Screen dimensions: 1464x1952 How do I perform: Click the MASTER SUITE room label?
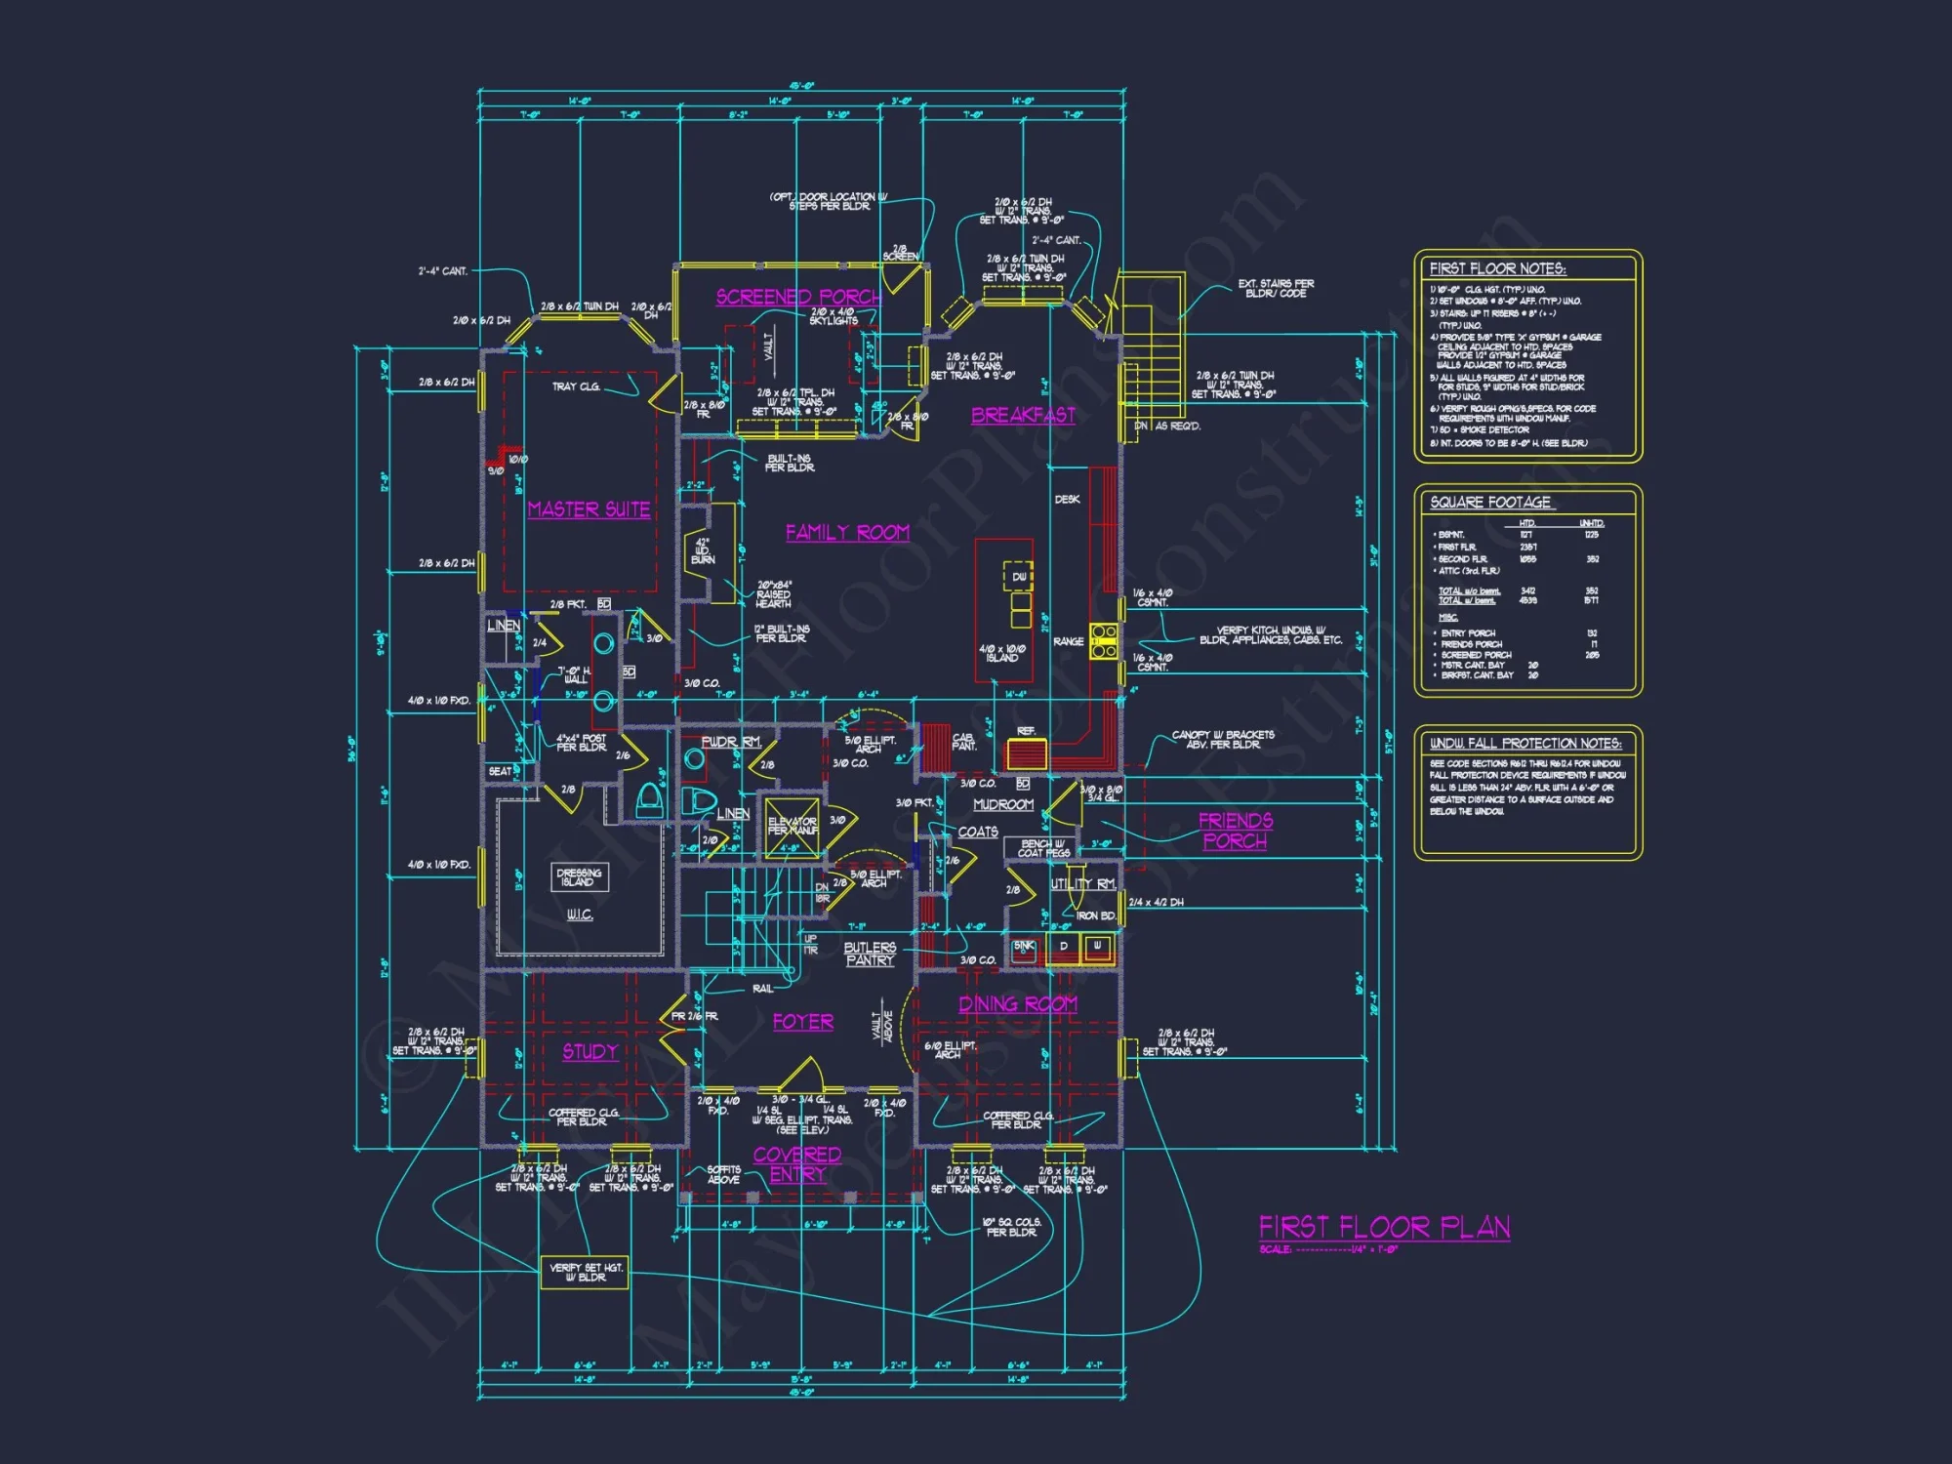point(589,509)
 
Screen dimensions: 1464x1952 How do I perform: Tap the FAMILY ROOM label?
point(847,533)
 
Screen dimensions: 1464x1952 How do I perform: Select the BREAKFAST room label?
point(1023,416)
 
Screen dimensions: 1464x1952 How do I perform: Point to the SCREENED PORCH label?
point(798,297)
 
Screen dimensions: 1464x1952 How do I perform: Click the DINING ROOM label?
point(1018,1004)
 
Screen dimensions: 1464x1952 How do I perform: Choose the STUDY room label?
point(590,1051)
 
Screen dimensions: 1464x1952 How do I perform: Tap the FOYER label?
point(802,1022)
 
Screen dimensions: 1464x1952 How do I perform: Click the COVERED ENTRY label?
point(797,1164)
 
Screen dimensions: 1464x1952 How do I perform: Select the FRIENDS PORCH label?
point(1235,831)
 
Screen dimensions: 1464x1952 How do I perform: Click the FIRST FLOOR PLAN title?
point(1384,1227)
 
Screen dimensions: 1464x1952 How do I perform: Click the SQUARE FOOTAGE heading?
point(1490,503)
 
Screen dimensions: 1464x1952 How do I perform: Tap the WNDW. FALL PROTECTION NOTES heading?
point(1525,744)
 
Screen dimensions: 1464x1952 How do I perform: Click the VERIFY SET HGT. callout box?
point(585,1272)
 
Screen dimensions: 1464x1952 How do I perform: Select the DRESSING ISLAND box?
point(579,876)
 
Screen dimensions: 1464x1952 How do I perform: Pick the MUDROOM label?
point(1003,804)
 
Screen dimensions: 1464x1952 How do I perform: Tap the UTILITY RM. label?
point(1083,884)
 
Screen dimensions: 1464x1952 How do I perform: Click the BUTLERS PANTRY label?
point(870,954)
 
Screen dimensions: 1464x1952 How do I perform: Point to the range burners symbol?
point(1104,640)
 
